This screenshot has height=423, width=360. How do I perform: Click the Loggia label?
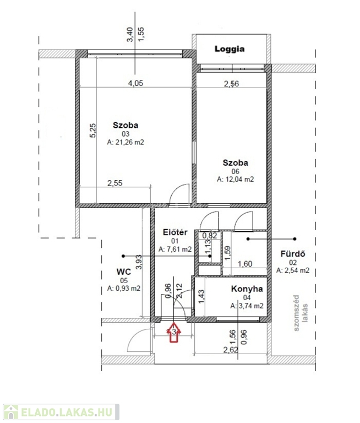pos(230,49)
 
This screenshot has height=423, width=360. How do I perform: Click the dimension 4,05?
pos(135,83)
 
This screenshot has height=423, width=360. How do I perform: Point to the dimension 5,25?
pos(92,131)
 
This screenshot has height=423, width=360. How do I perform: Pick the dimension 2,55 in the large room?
pos(115,183)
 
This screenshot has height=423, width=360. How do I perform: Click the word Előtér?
pos(175,232)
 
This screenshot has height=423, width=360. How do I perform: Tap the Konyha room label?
pos(247,289)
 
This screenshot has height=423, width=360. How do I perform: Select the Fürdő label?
pos(293,254)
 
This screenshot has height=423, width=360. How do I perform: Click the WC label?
pos(124,272)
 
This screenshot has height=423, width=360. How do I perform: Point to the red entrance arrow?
pos(174,332)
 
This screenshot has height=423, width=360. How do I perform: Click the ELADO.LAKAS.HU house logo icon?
pos(10,412)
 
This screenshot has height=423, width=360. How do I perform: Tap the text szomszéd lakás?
pos(300,313)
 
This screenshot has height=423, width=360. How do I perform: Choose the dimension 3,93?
pos(139,262)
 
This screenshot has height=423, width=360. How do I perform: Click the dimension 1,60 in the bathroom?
pos(245,264)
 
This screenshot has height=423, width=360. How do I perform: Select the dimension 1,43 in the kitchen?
pos(201,296)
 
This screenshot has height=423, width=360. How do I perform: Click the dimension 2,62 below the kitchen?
pos(231,350)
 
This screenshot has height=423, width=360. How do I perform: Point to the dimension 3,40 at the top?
pos(130,34)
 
